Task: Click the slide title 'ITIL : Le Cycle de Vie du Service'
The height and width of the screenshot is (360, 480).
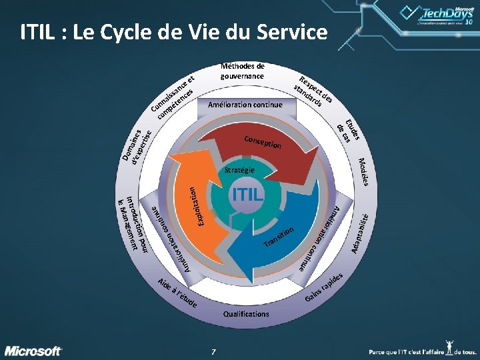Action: click(174, 32)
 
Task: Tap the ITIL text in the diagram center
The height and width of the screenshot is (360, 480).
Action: click(247, 195)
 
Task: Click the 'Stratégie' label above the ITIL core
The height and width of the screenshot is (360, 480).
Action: click(239, 171)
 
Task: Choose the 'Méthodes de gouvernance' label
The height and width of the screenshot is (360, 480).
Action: click(243, 71)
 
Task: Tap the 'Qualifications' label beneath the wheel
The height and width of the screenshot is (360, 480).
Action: click(247, 313)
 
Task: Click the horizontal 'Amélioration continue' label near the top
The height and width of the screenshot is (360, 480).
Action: click(245, 105)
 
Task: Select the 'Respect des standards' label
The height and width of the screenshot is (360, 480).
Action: click(314, 89)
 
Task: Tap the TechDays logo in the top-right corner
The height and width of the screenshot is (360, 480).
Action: click(437, 15)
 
